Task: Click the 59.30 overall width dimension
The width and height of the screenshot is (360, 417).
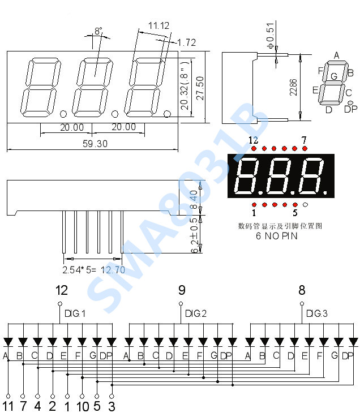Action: [x=95, y=144]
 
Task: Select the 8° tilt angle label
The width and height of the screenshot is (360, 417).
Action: [x=98, y=32]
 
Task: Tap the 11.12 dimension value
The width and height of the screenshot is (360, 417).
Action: [x=158, y=25]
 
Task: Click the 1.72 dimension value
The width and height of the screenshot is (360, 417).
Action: [x=186, y=42]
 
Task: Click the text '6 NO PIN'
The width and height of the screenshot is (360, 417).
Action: [x=277, y=237]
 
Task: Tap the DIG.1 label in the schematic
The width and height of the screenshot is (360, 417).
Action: [x=75, y=313]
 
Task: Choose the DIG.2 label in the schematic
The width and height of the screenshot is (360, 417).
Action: [x=196, y=313]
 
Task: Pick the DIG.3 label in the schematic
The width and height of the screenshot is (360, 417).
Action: [x=317, y=313]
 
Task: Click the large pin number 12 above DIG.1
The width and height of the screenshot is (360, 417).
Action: [x=62, y=291]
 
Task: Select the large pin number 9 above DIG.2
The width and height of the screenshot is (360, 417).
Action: [x=182, y=291]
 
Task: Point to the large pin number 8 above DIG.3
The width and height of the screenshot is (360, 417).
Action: [x=302, y=291]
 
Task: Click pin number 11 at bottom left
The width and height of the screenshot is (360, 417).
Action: [x=8, y=406]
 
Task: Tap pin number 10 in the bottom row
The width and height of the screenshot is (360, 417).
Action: [x=83, y=406]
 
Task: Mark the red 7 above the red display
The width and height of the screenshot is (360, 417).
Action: [x=304, y=140]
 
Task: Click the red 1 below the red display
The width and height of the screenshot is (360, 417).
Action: [x=254, y=213]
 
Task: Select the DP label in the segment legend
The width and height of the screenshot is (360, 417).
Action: [x=350, y=109]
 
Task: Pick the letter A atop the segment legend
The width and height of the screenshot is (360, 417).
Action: [x=336, y=55]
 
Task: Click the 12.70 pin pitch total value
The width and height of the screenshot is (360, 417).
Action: [x=113, y=270]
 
